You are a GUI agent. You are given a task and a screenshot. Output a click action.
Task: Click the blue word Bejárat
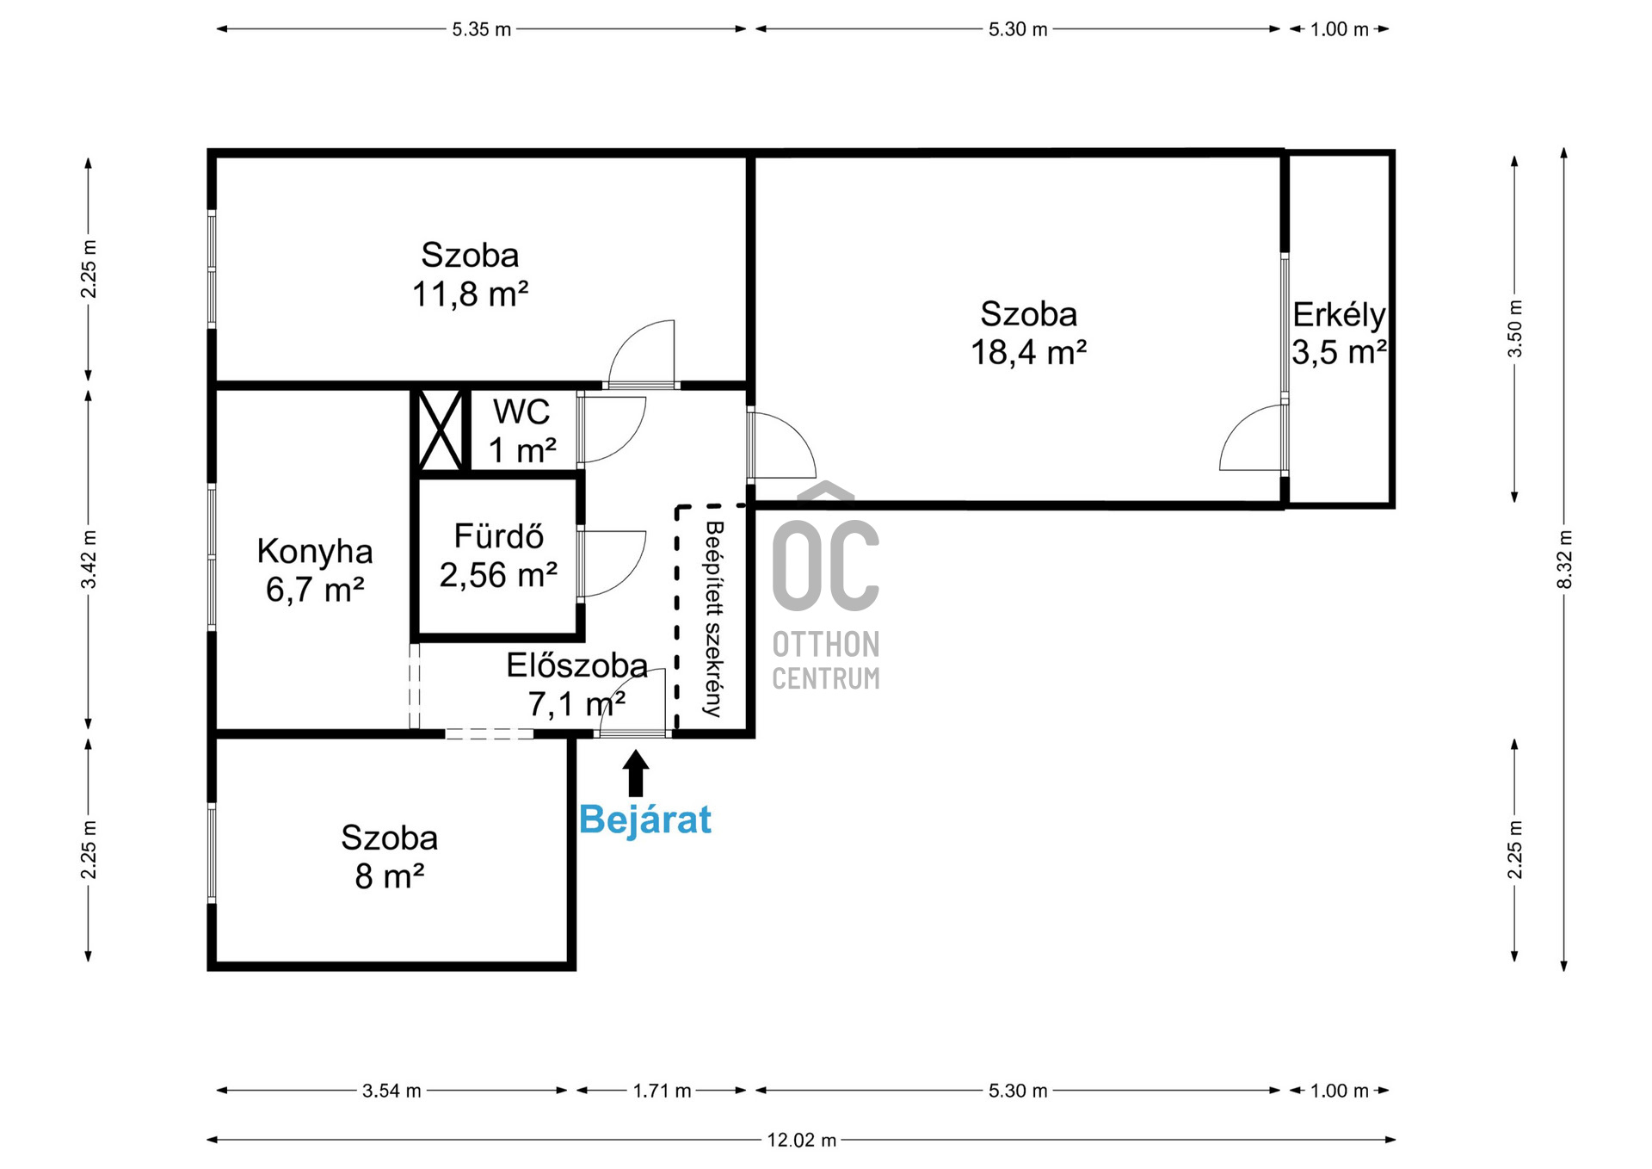[644, 820]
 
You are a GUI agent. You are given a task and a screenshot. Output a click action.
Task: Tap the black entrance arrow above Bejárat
[636, 772]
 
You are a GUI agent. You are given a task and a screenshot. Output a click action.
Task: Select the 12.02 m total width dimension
[801, 1140]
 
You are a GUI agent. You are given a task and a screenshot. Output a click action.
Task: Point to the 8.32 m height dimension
[1564, 560]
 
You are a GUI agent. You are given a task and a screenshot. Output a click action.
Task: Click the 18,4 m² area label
[1028, 353]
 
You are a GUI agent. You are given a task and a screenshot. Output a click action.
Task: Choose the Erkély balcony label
[1339, 315]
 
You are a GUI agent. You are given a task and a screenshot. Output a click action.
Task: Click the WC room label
[521, 412]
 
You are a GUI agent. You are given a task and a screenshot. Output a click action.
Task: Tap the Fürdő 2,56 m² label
[498, 556]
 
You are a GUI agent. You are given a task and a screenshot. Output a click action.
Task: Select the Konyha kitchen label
[314, 552]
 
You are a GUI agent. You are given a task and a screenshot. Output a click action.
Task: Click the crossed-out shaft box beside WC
[440, 430]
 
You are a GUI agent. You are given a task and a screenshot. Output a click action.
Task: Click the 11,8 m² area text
[470, 294]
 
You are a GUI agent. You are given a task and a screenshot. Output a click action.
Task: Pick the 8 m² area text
[389, 876]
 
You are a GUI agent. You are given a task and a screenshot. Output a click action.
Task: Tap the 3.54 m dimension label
[391, 1091]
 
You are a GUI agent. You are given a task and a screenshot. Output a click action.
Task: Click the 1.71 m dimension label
[662, 1091]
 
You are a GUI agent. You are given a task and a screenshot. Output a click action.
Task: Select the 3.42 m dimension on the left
[89, 560]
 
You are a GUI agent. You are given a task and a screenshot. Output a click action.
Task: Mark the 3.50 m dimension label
[1515, 329]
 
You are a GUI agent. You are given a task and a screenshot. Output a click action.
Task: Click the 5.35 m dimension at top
[481, 29]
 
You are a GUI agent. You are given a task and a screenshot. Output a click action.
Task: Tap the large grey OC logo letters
[825, 564]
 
